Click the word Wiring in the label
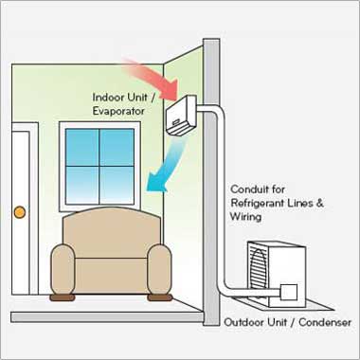(248, 217)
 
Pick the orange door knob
(16, 210)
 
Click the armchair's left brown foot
(63, 297)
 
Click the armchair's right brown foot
(158, 297)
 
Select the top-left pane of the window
(81, 147)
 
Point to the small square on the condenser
(290, 293)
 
